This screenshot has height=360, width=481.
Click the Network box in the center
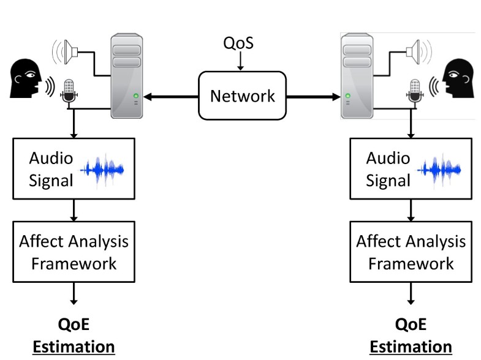click(x=242, y=96)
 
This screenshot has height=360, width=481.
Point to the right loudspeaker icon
click(x=418, y=50)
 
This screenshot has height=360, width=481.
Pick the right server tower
click(x=358, y=76)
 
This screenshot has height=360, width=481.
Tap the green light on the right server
click(x=348, y=96)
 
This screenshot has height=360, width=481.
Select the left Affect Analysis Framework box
click(x=74, y=252)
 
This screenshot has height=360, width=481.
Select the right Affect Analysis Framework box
click(x=411, y=252)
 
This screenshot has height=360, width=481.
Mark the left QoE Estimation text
click(x=74, y=336)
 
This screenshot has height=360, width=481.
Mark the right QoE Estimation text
click(x=411, y=336)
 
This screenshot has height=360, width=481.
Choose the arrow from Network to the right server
click(x=312, y=96)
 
